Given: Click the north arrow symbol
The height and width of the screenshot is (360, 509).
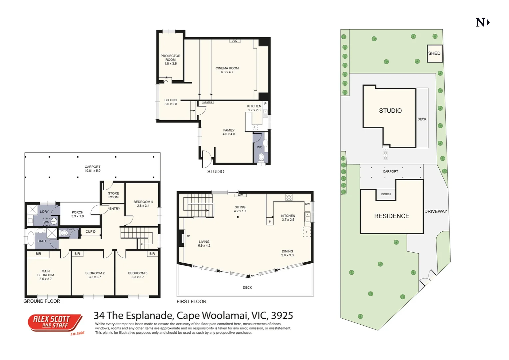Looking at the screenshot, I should pyautogui.click(x=482, y=23).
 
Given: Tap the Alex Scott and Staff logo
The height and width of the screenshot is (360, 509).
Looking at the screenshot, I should pyautogui.click(x=55, y=323).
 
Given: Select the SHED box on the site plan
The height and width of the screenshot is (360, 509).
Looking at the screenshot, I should pyautogui.click(x=434, y=53).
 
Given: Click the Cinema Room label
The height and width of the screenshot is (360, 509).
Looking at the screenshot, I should pyautogui.click(x=227, y=70).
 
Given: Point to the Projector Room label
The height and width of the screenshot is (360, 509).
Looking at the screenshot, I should pyautogui.click(x=170, y=60).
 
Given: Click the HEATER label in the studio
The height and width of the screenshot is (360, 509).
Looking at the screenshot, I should pyautogui.click(x=208, y=102).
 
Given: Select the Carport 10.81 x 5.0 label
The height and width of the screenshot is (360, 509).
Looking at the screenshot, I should pyautogui.click(x=92, y=169).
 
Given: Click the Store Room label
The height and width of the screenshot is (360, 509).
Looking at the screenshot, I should pyautogui.click(x=113, y=195).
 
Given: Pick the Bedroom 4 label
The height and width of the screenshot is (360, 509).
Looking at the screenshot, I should pyautogui.click(x=143, y=204).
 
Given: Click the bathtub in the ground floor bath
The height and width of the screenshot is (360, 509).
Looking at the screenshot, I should pyautogui.click(x=31, y=238).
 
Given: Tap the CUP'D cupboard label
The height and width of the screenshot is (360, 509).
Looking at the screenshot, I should pyautogui.click(x=90, y=232).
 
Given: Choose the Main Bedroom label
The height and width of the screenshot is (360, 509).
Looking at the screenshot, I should pyautogui.click(x=46, y=275).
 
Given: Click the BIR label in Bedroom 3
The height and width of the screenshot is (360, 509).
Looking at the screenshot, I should pyautogui.click(x=152, y=254).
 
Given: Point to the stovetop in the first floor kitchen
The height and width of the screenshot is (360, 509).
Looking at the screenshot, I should pyautogui.click(x=289, y=197).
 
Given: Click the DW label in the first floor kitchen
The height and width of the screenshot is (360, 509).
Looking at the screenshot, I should pyautogui.click(x=307, y=204).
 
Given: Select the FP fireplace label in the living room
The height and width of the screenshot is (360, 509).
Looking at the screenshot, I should pyautogui.click(x=188, y=236).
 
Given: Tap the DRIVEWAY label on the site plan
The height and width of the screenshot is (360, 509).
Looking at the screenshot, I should pyautogui.click(x=435, y=211).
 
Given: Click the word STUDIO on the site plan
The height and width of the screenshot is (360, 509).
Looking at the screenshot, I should pyautogui.click(x=390, y=111).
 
